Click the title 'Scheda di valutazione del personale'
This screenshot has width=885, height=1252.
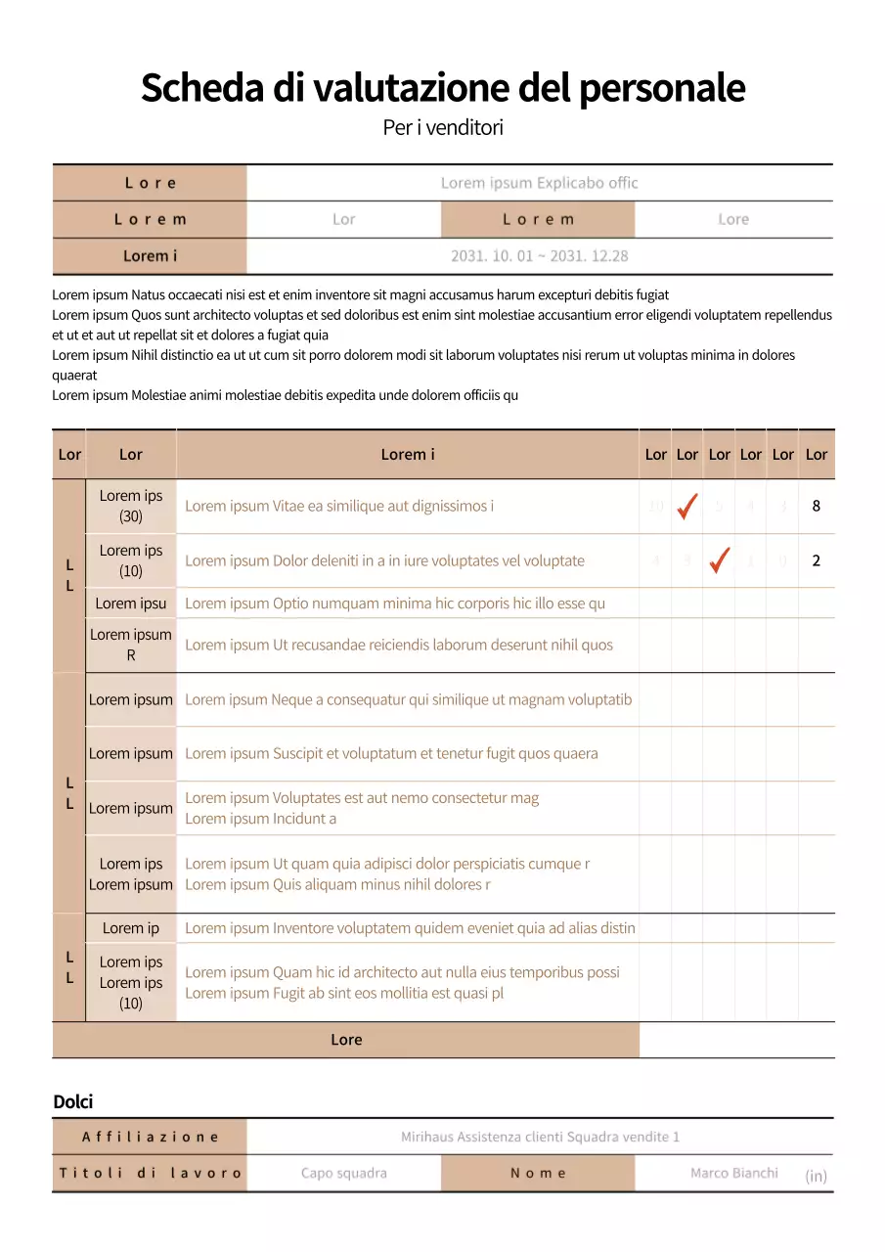click(x=443, y=88)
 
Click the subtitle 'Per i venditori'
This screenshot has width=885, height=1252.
click(x=443, y=127)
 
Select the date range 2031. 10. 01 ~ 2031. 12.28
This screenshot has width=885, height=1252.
click(x=539, y=256)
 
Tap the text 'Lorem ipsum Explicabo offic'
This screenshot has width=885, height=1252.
click(x=539, y=183)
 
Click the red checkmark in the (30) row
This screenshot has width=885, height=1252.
click(x=687, y=506)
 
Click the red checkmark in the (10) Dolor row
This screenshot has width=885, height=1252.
click(x=720, y=560)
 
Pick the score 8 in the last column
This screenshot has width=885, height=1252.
click(x=817, y=506)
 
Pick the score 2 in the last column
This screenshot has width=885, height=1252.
click(x=817, y=560)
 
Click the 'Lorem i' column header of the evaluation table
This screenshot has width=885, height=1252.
click(x=408, y=454)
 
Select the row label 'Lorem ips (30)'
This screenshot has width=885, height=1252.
click(x=131, y=506)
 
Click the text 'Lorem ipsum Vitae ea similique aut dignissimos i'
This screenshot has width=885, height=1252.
click(x=339, y=506)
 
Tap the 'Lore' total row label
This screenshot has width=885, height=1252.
click(x=346, y=1040)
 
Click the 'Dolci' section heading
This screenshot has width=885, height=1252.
click(x=73, y=1102)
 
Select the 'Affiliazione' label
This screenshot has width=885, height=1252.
click(x=150, y=1137)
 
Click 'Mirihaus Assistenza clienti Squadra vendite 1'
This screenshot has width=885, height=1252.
click(x=540, y=1137)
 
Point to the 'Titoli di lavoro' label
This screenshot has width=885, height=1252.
click(x=150, y=1173)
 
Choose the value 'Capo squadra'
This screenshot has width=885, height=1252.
click(x=344, y=1173)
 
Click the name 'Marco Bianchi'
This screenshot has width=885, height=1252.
click(x=734, y=1173)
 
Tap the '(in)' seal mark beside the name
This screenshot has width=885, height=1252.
click(x=816, y=1176)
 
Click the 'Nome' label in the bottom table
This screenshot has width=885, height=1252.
click(x=538, y=1173)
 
